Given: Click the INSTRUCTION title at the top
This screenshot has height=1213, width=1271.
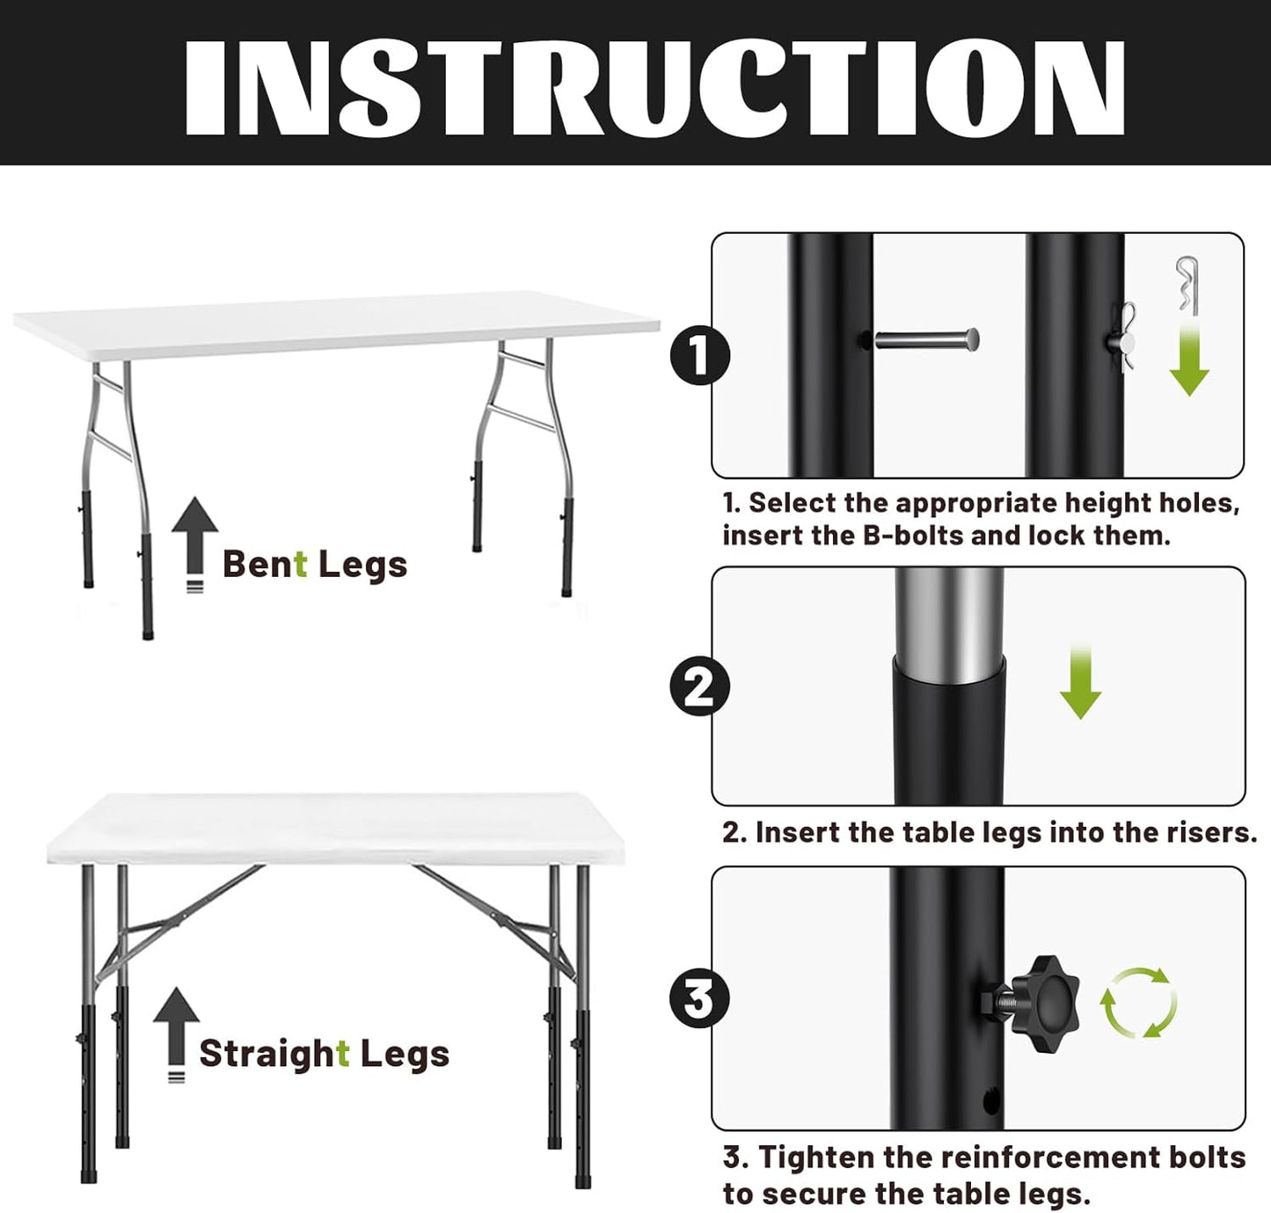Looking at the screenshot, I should click(x=654, y=87).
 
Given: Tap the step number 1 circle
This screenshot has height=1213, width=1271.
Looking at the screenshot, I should click(x=699, y=356).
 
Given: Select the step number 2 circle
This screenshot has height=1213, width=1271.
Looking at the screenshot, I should click(x=699, y=686).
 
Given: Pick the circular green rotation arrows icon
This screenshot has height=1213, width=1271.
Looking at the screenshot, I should click(x=1138, y=1002).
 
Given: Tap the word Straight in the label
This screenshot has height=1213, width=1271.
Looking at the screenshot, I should click(x=274, y=1053).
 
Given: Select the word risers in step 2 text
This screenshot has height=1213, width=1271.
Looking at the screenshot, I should click(x=1209, y=832).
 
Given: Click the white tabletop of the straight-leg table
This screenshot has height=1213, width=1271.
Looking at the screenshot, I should click(x=334, y=827).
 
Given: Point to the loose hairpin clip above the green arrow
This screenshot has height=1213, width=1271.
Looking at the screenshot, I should click(x=1187, y=282).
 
